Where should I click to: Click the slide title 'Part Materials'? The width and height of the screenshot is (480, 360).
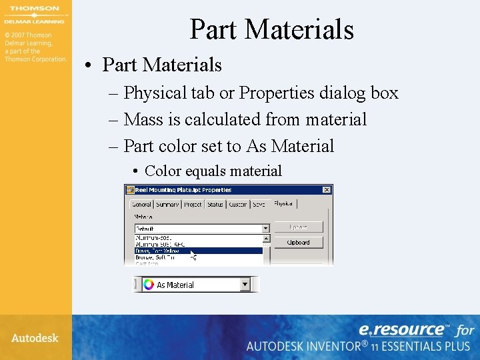[271, 29]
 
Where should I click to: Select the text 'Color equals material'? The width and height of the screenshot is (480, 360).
[213, 171]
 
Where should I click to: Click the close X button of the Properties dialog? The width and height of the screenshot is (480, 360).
[327, 189]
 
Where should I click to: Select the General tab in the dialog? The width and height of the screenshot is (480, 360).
[141, 205]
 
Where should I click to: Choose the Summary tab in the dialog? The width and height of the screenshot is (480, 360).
[167, 205]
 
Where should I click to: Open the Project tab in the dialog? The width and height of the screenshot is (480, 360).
[193, 205]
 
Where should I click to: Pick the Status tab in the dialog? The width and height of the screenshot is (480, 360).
[215, 205]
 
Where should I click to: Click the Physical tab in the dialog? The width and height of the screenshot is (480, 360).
[283, 204]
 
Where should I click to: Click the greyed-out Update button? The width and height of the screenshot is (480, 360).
[298, 227]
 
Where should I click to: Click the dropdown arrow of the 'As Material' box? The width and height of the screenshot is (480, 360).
[245, 285]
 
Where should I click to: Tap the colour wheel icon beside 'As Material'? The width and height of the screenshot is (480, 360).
[148, 285]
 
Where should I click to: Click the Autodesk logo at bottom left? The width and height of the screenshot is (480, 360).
[35, 338]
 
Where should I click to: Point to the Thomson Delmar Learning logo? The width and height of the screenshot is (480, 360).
[35, 15]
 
